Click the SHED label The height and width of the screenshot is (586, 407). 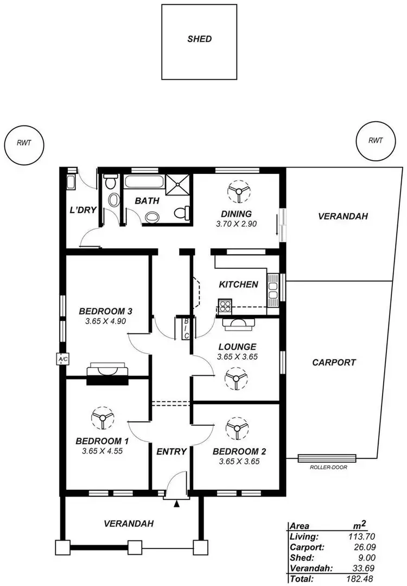pyautogui.click(x=199, y=39)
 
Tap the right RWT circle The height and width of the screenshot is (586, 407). pyautogui.click(x=376, y=141)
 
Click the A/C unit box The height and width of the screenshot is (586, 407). pyautogui.click(x=61, y=359)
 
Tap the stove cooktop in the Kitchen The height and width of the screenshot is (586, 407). pyautogui.click(x=225, y=305)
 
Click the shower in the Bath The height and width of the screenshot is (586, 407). pyautogui.click(x=178, y=185)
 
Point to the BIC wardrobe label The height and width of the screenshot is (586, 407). pyautogui.click(x=186, y=329)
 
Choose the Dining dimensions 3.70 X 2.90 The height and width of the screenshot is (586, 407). pyautogui.click(x=237, y=223)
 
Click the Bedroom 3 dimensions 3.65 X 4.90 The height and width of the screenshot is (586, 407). pyautogui.click(x=106, y=321)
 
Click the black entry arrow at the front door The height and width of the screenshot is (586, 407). pyautogui.click(x=176, y=505)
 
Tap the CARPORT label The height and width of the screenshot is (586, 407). pyautogui.click(x=334, y=362)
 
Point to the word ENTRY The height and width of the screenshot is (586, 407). pyautogui.click(x=171, y=451)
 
